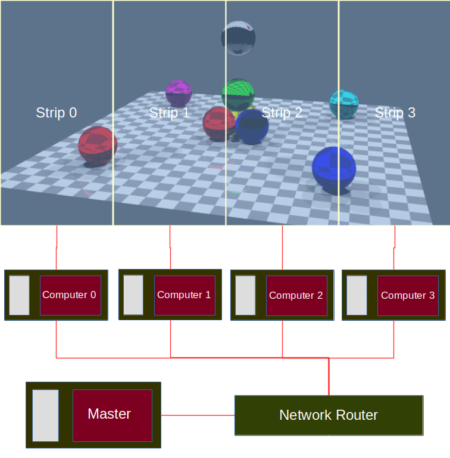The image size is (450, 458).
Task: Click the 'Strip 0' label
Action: click(x=56, y=113)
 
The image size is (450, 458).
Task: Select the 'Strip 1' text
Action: click(x=169, y=113)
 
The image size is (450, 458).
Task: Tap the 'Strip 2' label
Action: click(x=282, y=113)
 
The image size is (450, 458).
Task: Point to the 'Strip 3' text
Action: click(x=395, y=113)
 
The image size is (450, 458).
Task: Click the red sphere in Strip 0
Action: click(x=98, y=145)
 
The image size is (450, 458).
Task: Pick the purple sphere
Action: click(x=178, y=93)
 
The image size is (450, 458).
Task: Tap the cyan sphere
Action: click(x=344, y=104)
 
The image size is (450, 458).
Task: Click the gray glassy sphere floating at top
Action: click(x=238, y=38)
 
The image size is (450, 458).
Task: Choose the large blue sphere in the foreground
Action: click(x=333, y=168)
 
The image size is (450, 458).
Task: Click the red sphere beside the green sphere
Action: click(x=218, y=123)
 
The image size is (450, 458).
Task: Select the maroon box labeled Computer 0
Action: click(x=68, y=295)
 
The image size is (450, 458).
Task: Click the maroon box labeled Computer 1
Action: click(x=183, y=295)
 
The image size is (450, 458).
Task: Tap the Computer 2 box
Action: click(x=296, y=295)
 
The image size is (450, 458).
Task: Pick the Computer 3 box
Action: click(x=408, y=295)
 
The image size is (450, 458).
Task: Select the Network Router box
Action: click(x=329, y=415)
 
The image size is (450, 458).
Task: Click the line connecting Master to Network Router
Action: click(x=198, y=415)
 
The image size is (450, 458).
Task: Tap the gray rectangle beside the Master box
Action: click(x=45, y=415)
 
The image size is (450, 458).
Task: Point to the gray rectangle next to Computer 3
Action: click(x=357, y=295)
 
